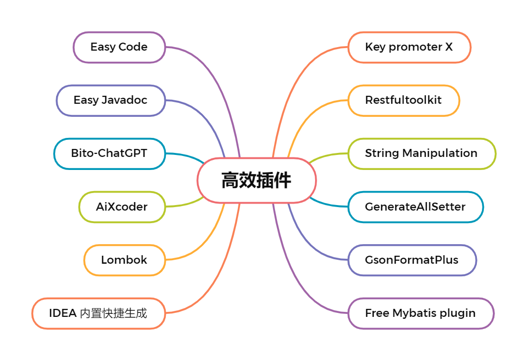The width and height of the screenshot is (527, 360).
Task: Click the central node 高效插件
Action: (256, 181)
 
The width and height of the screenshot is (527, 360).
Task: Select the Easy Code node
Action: (119, 48)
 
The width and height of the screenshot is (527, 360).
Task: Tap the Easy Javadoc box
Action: (111, 100)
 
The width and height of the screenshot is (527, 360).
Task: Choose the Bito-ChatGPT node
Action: (109, 153)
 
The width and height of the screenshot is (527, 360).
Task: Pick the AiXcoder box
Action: (122, 207)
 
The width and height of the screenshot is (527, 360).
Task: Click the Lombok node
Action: (124, 260)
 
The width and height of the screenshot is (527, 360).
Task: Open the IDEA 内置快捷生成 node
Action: (98, 313)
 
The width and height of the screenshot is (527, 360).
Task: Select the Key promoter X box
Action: (409, 48)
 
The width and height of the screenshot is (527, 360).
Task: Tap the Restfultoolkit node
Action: (403, 100)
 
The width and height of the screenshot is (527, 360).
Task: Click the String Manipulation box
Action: (421, 153)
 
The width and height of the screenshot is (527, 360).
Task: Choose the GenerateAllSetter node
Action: (415, 207)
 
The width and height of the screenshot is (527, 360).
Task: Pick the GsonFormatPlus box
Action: (412, 260)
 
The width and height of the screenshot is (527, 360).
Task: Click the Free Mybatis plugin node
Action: (420, 313)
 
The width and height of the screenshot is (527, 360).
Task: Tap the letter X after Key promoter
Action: (449, 48)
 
